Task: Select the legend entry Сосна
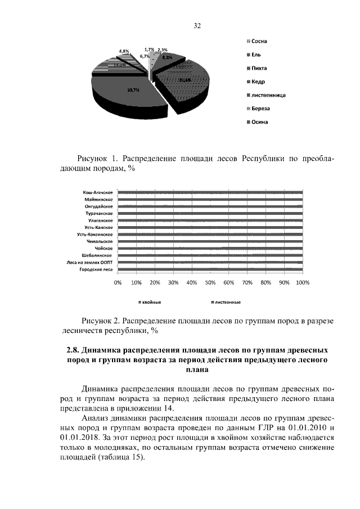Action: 259,42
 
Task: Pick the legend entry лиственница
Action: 267,95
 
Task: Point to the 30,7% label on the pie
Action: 133,91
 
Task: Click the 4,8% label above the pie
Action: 124,51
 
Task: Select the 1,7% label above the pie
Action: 149,49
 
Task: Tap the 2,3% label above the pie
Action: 163,50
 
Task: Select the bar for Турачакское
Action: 210,214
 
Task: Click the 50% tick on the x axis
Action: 210,283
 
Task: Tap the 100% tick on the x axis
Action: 303,283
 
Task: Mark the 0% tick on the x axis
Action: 118,283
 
